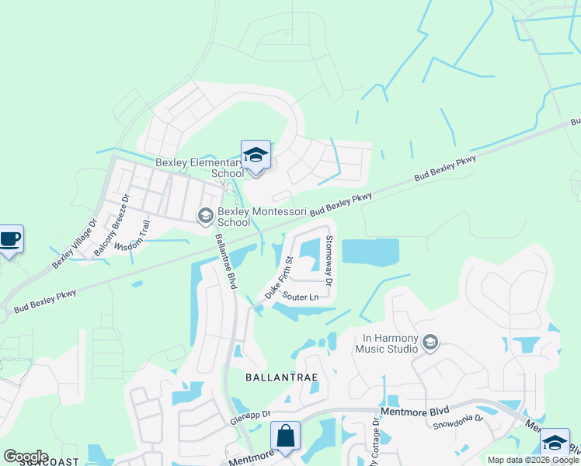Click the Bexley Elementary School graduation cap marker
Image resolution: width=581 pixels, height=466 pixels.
point(256,155)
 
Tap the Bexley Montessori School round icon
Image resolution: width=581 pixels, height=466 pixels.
point(206,215)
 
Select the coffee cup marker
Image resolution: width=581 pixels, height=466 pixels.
point(9,238)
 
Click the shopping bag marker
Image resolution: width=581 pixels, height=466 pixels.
point(286,436)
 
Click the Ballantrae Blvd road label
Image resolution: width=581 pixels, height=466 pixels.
point(226,261)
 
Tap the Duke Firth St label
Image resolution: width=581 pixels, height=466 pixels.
point(278,278)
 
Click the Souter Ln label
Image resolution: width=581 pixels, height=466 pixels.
point(301,297)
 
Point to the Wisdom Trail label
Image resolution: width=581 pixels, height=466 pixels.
point(131,235)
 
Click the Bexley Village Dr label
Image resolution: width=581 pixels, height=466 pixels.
point(75,243)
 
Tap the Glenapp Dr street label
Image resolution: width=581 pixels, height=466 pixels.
point(249,416)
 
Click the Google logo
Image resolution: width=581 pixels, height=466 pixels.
point(26,457)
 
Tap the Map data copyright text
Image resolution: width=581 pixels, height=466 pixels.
point(532,460)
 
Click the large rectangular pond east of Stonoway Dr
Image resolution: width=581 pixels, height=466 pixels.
point(370,252)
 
